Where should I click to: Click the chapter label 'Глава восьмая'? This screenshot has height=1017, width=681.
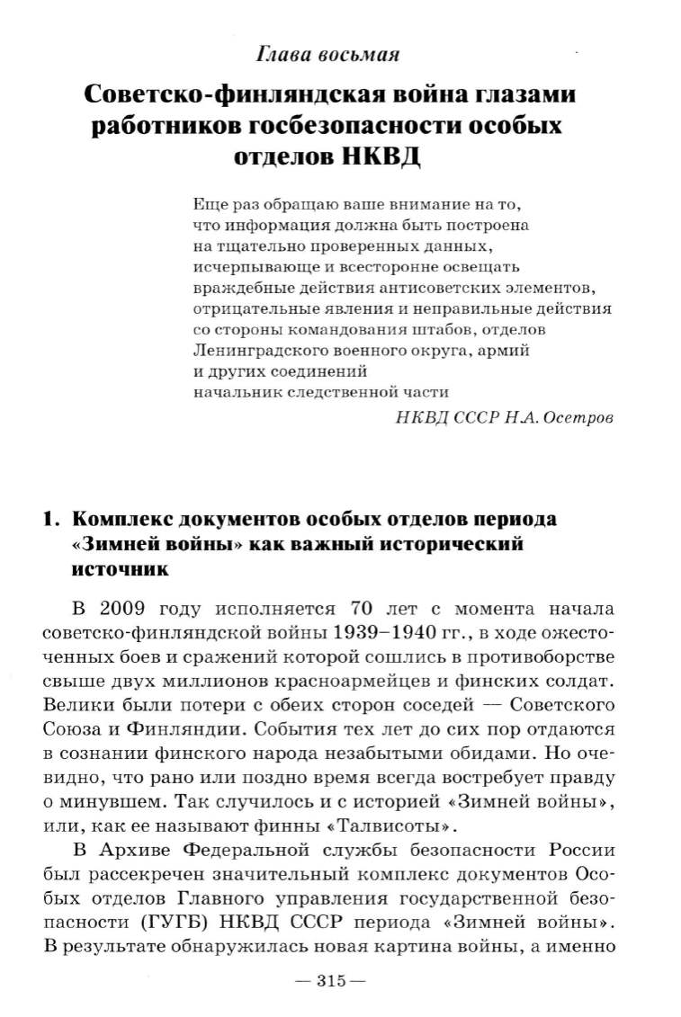click(x=327, y=55)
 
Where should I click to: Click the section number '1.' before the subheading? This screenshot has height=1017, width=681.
click(x=53, y=520)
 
